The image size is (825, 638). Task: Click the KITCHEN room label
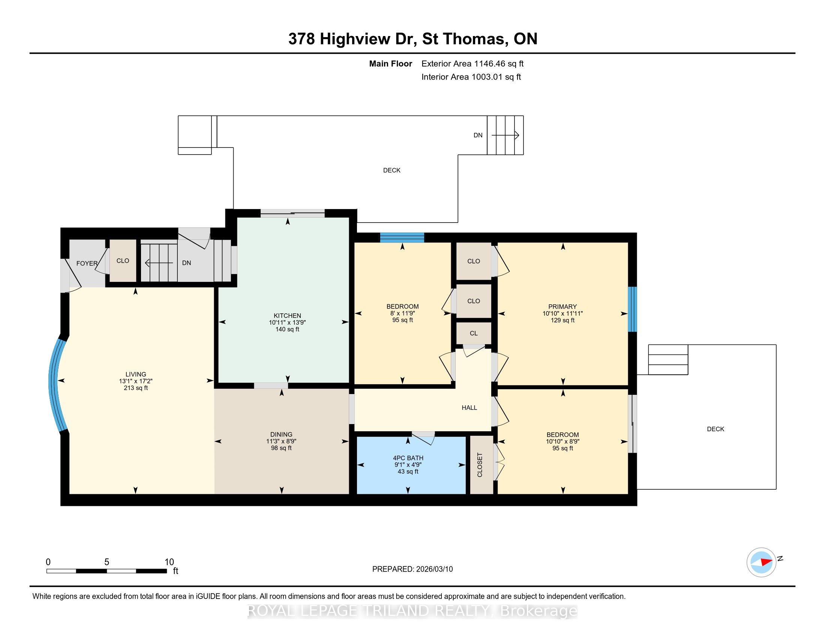click(x=287, y=316)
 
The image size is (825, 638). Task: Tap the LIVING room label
click(x=136, y=374)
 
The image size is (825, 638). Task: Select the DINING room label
click(x=281, y=434)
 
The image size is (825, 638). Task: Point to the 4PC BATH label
click(x=408, y=458)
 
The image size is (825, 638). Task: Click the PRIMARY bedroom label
click(x=562, y=307)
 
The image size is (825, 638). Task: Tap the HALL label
click(x=469, y=408)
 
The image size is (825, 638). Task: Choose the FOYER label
click(x=87, y=263)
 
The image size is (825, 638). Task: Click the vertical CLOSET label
click(x=480, y=465)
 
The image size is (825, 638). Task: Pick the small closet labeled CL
click(x=474, y=333)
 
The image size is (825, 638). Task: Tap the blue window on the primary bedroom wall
click(x=632, y=309)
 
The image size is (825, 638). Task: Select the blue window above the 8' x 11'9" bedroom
click(x=402, y=237)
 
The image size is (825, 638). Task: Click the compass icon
click(x=761, y=562)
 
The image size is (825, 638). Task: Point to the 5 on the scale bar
click(x=106, y=562)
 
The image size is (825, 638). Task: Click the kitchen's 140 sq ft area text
click(x=287, y=329)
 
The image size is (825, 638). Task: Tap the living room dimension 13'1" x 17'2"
click(x=136, y=381)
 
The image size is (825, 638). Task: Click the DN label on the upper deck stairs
click(x=478, y=135)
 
